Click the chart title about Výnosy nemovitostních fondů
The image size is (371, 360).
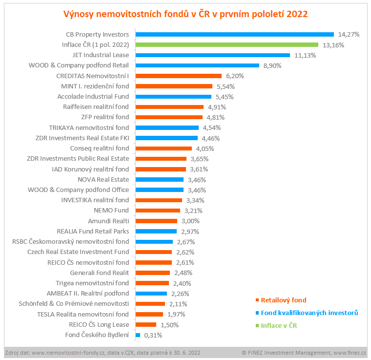point(185,14)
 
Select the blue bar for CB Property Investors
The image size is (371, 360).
point(234,35)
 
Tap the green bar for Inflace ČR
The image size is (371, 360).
point(227,45)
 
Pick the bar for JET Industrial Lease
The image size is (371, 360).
point(212,55)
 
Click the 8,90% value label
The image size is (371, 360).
point(273,65)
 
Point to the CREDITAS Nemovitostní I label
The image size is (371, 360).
point(93,76)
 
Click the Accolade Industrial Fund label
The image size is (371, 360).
point(93,97)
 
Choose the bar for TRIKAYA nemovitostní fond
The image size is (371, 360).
point(167,127)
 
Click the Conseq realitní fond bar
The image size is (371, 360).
point(164,148)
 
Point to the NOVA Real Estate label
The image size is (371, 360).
point(103,179)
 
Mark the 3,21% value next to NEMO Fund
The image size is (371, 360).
point(193,211)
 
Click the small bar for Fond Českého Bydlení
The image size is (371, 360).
point(138,335)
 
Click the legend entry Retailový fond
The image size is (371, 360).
point(284,300)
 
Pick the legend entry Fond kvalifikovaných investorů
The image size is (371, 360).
point(309,313)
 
